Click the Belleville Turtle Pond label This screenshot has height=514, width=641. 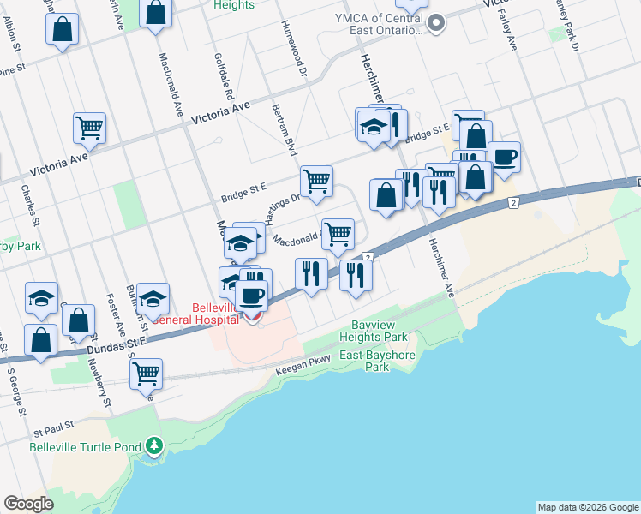coord(86,446)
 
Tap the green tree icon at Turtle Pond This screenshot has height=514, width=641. coord(153,445)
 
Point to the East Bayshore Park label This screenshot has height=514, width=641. coord(376,360)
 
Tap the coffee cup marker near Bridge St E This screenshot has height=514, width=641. coord(505,156)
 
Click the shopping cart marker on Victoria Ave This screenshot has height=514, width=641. coord(89,128)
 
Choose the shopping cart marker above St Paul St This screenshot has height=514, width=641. coord(147,373)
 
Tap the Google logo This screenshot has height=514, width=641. coord(28,503)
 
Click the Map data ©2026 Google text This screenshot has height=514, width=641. coord(588,507)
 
